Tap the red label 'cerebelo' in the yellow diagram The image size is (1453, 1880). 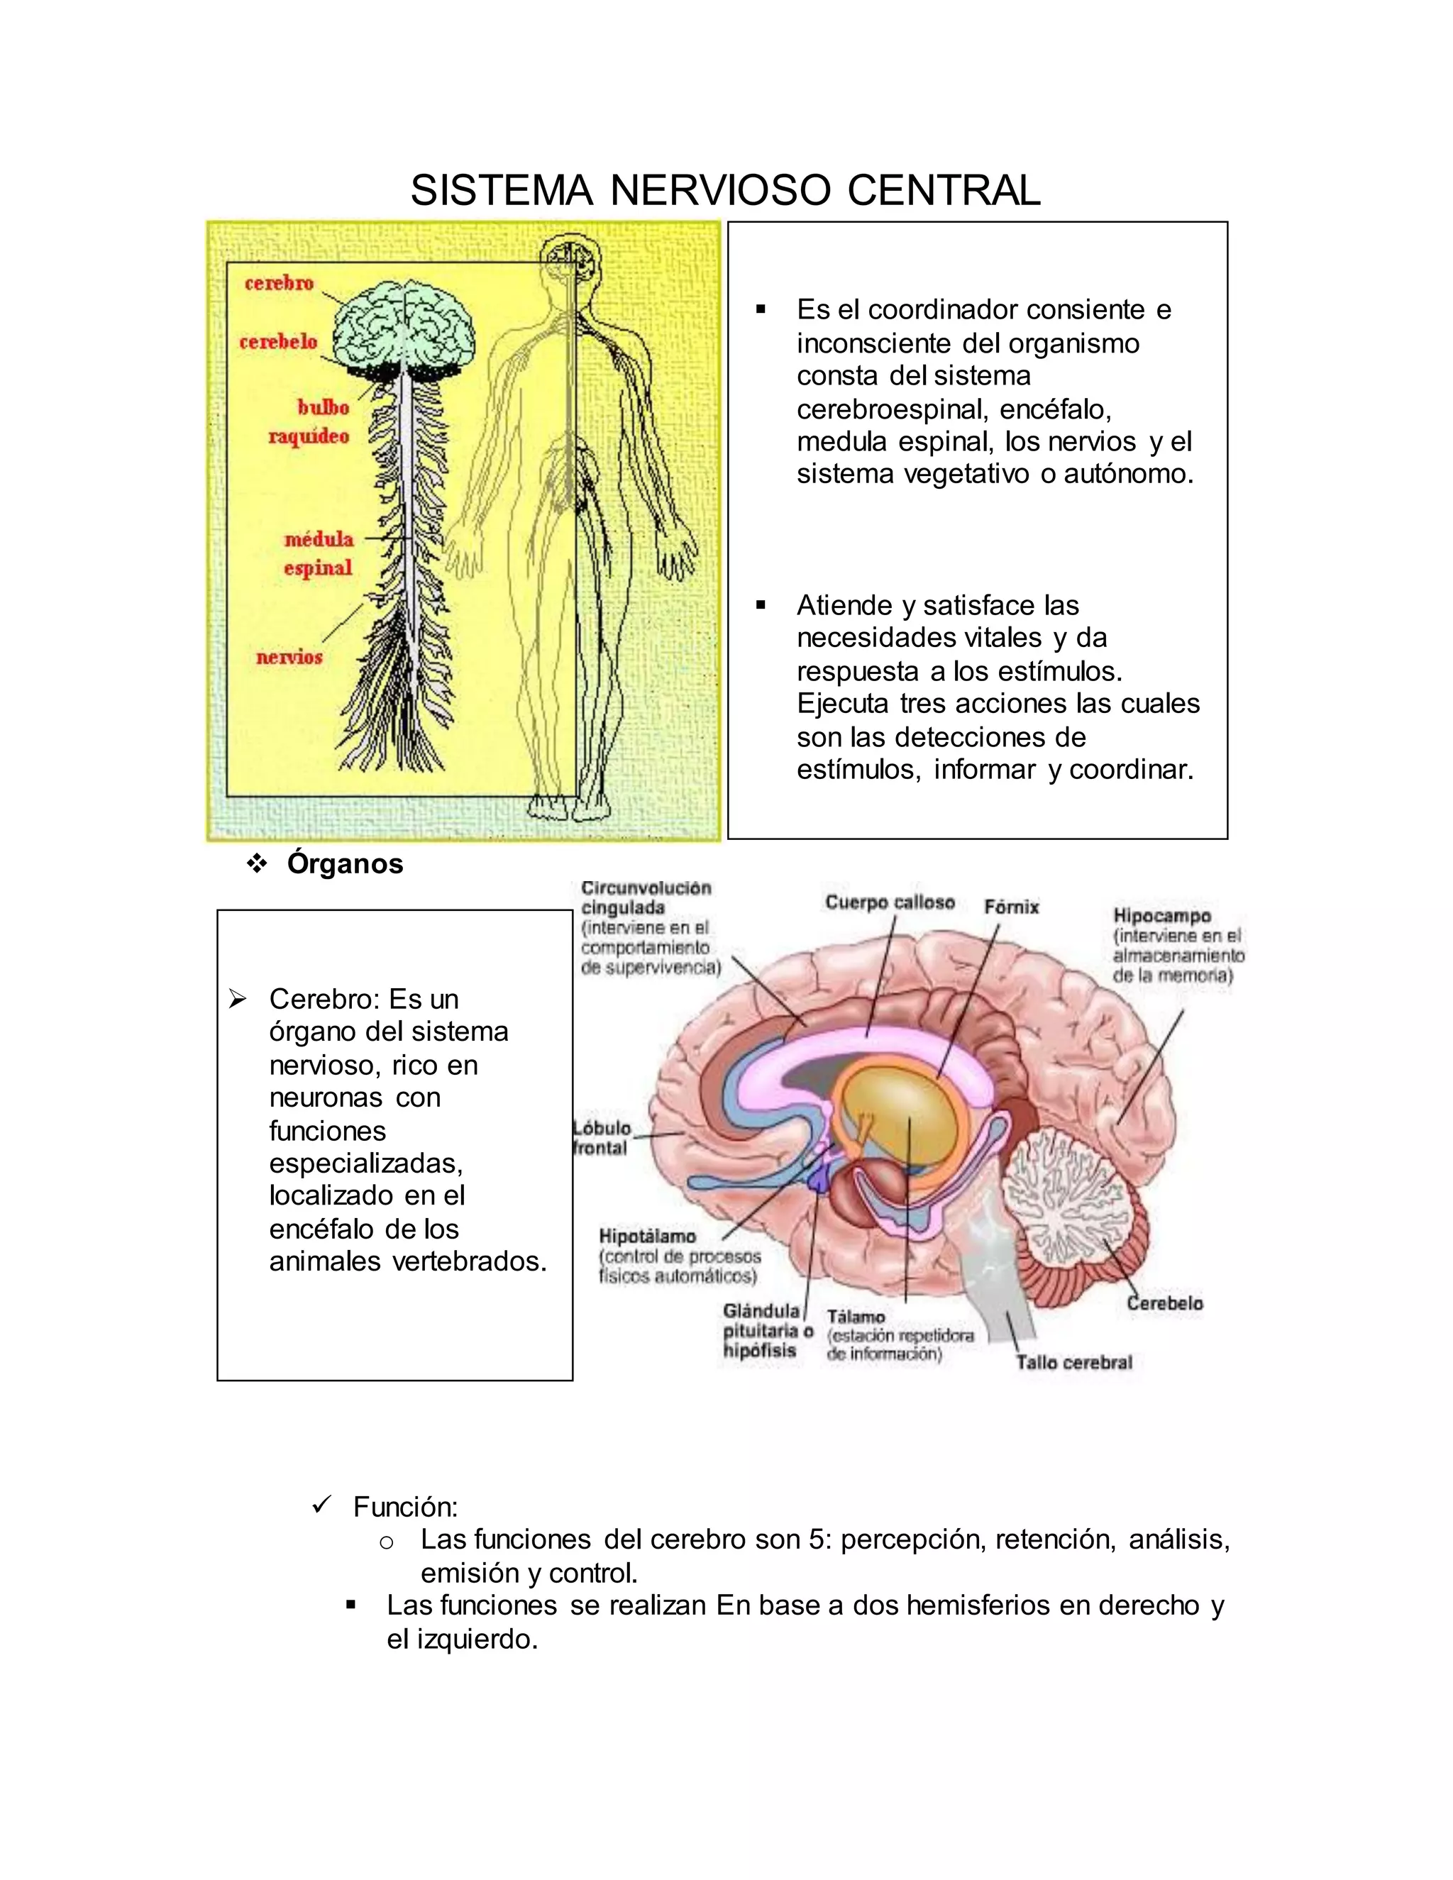tap(278, 342)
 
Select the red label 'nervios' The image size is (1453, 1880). tap(289, 657)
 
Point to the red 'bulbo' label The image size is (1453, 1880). tap(323, 407)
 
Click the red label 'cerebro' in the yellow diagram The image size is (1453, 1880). tap(279, 283)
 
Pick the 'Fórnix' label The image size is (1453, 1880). tap(1012, 907)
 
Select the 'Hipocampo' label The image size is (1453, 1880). tap(1162, 916)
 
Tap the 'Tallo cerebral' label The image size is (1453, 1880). tap(1073, 1363)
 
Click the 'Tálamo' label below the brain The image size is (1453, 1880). tap(856, 1316)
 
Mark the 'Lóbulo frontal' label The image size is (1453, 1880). tap(602, 1138)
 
